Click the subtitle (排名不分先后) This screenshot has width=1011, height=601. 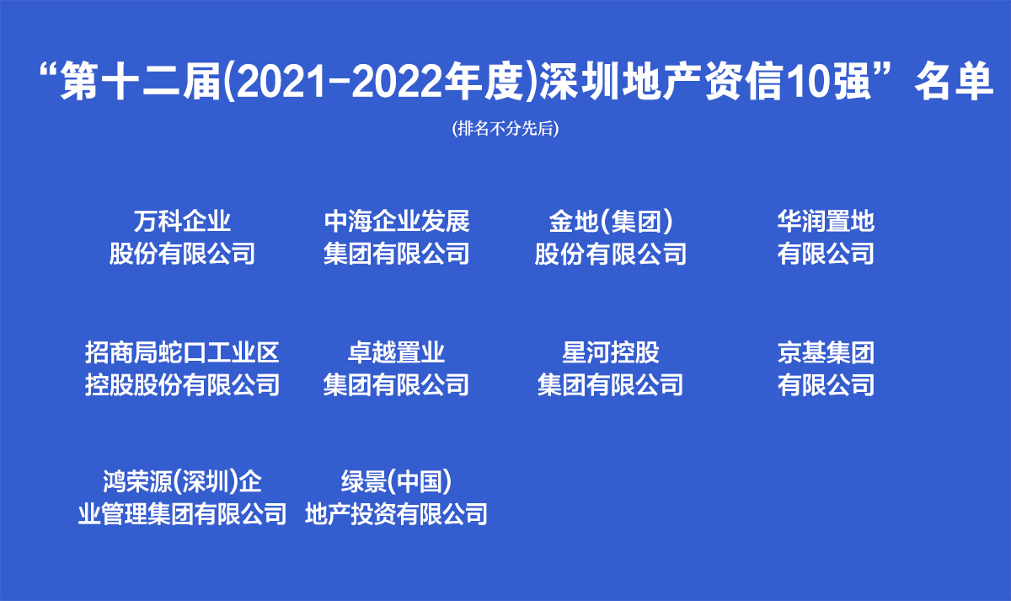[x=505, y=129]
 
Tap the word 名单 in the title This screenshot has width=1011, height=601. [x=954, y=82]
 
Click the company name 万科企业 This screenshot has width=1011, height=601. [x=182, y=221]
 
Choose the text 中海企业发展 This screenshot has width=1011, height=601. [x=397, y=221]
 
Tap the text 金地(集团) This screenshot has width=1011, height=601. [x=611, y=222]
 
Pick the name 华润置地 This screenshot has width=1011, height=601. [x=826, y=221]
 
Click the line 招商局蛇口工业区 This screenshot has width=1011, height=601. [x=182, y=352]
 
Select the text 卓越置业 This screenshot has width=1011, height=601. [x=397, y=352]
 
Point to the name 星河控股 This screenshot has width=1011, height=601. [x=611, y=352]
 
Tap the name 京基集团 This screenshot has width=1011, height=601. [x=826, y=352]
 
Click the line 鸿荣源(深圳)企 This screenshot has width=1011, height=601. [x=182, y=482]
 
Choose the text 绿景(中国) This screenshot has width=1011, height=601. [x=397, y=482]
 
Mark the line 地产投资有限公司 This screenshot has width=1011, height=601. [x=397, y=514]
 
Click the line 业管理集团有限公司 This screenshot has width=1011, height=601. [x=182, y=514]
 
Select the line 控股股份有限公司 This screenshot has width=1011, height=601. [x=182, y=384]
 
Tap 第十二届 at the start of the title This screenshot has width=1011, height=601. [x=140, y=82]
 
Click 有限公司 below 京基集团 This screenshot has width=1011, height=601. [x=826, y=384]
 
